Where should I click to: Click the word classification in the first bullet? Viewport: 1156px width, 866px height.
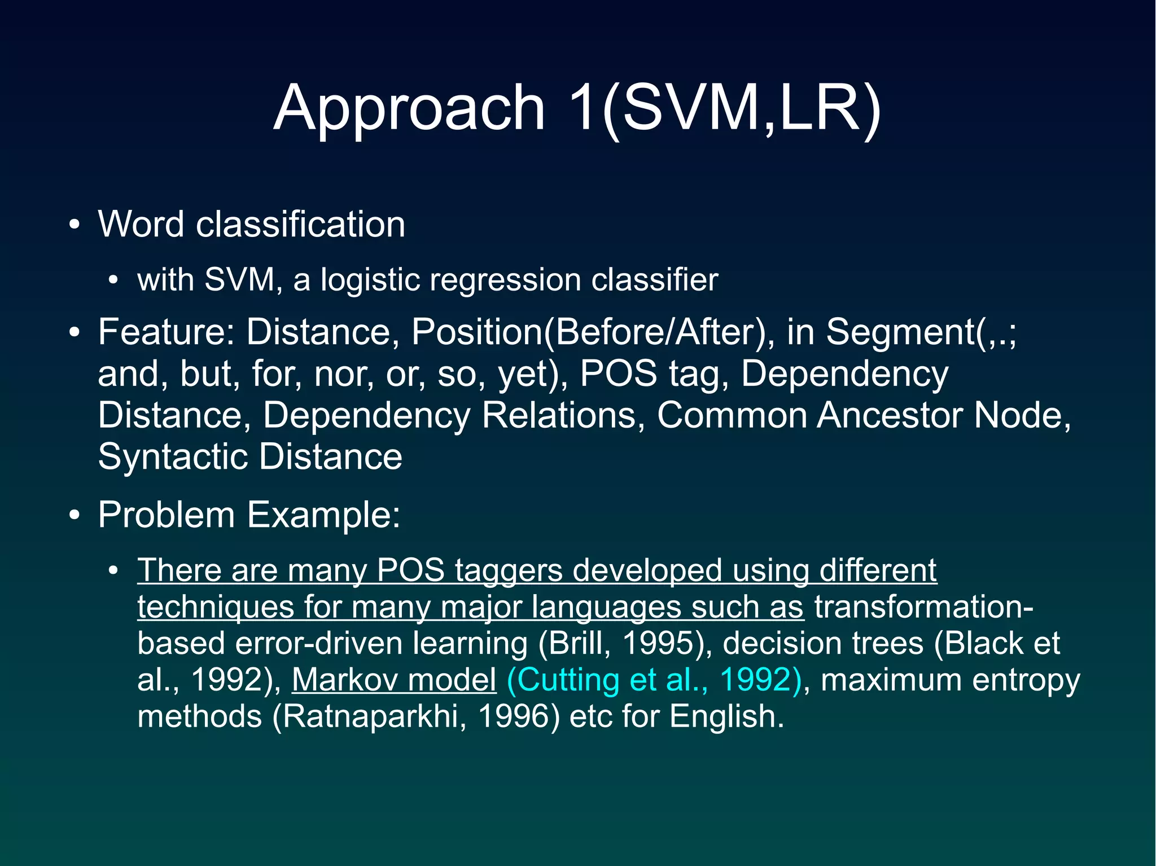[300, 225]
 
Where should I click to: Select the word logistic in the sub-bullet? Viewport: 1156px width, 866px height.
[370, 280]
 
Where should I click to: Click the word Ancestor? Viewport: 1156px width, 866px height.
[891, 415]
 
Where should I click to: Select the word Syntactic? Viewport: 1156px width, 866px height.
[173, 456]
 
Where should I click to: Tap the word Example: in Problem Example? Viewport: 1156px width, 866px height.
[323, 515]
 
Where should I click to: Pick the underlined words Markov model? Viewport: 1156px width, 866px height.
[394, 680]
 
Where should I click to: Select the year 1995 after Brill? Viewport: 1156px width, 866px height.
[657, 643]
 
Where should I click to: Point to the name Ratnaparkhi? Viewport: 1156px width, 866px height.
[370, 716]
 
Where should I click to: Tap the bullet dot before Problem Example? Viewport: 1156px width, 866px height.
[75, 516]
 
